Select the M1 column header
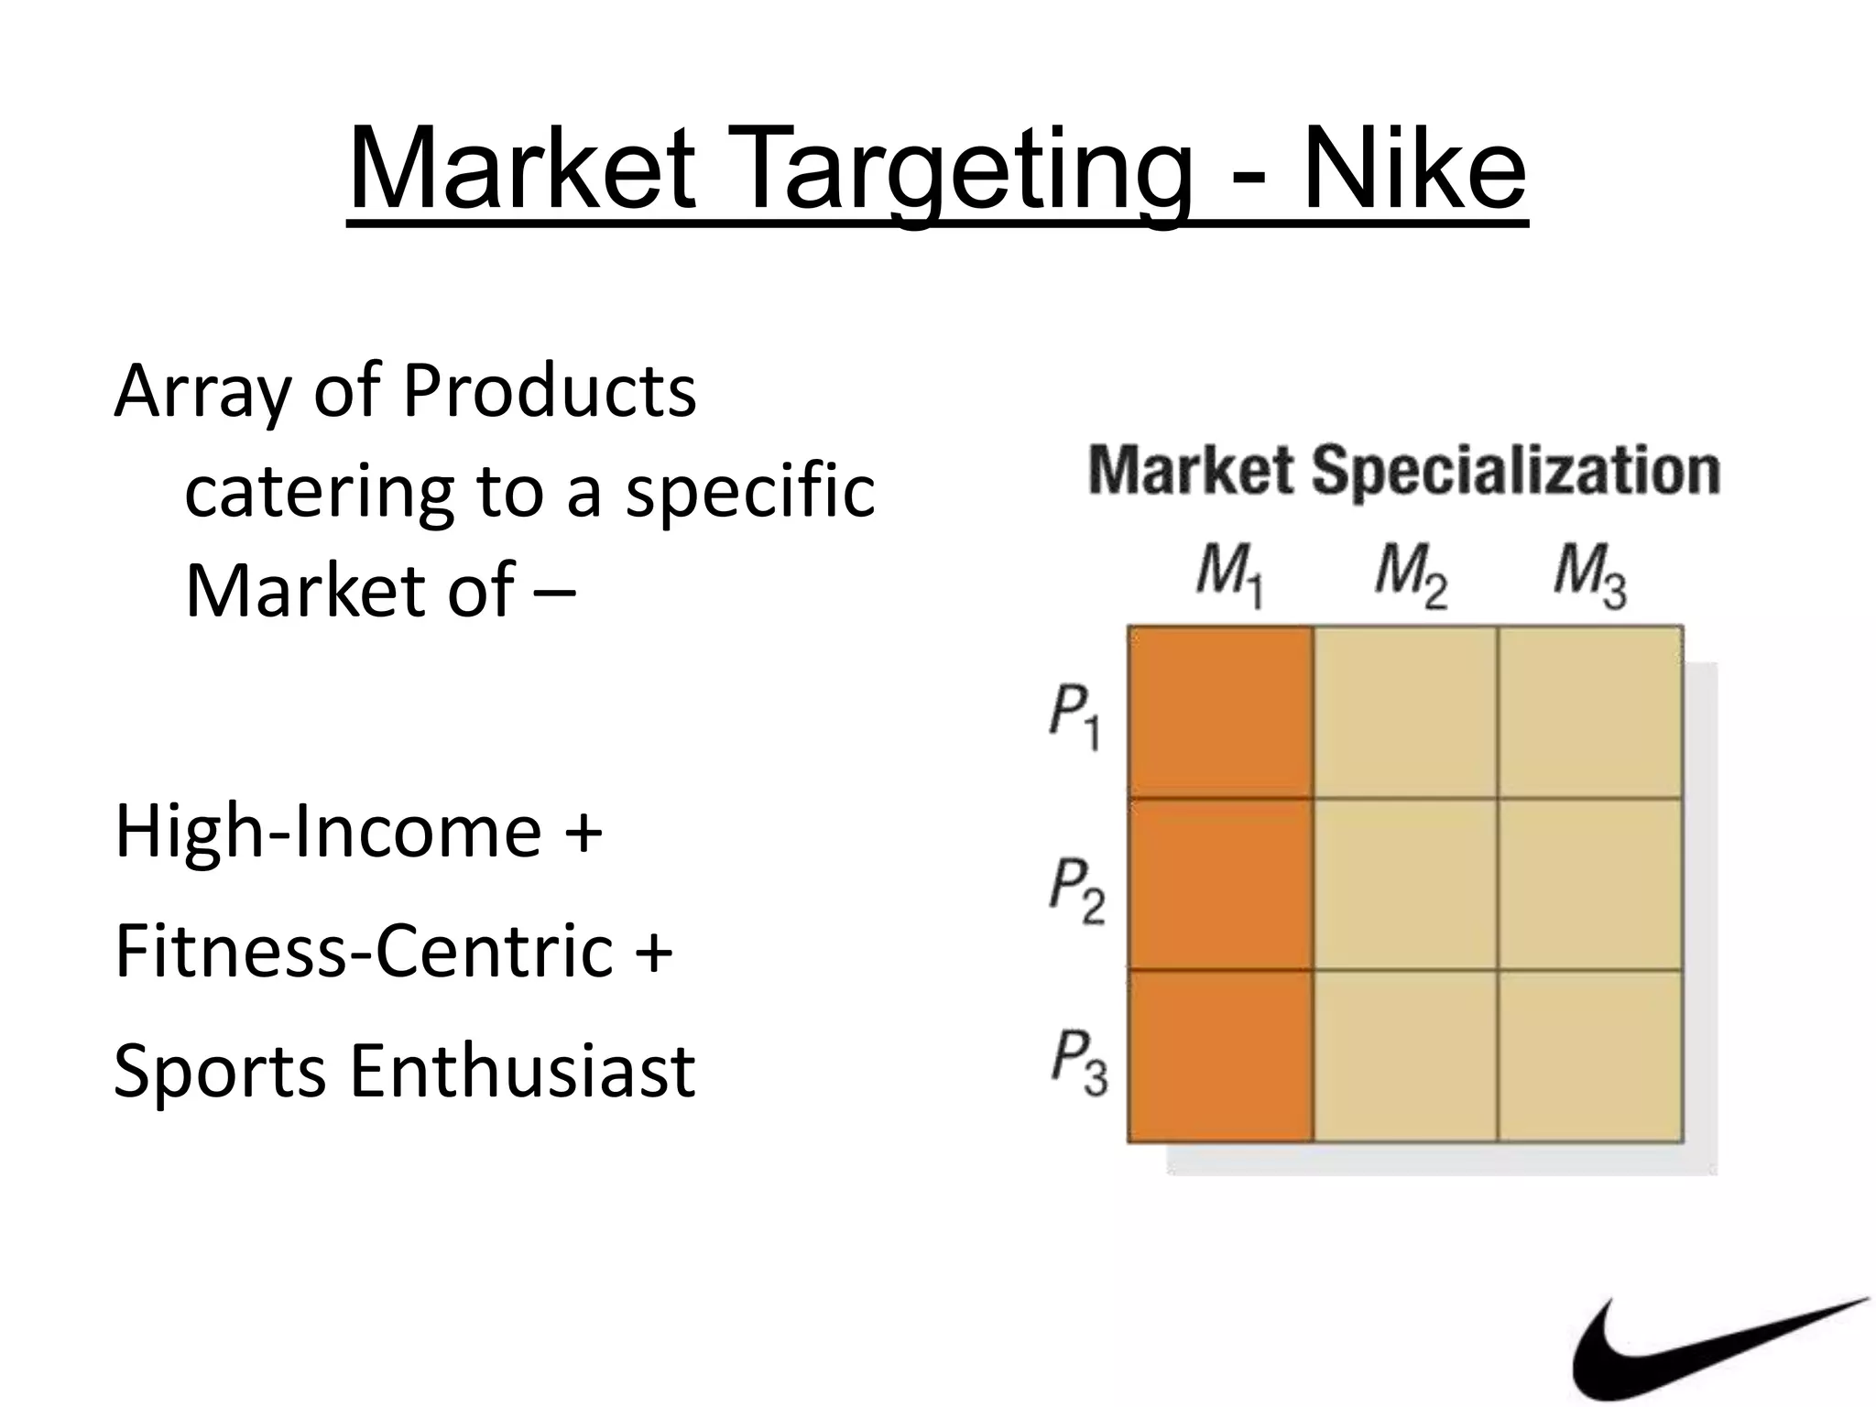[x=1229, y=577]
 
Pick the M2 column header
[x=1410, y=577]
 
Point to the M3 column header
[x=1589, y=577]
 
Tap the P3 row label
[x=1078, y=1062]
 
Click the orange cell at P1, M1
[x=1220, y=712]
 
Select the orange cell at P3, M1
[x=1220, y=1055]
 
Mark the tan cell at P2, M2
[x=1406, y=884]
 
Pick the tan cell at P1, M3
[x=1591, y=712]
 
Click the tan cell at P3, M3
[x=1591, y=1055]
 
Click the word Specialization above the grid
[x=1515, y=472]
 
